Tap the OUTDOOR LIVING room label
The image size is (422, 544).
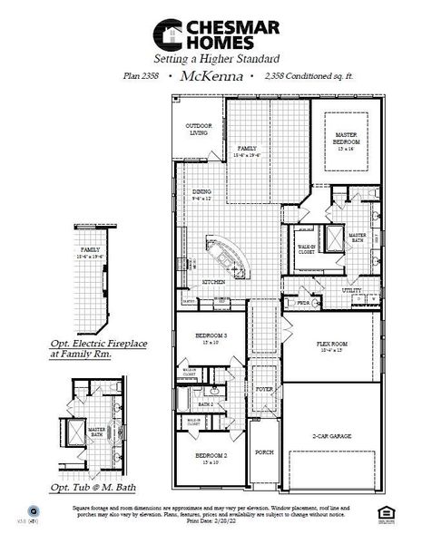(198, 130)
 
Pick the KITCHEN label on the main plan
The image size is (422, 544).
(214, 282)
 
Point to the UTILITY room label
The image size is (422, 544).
(351, 290)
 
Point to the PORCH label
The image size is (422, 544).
(264, 452)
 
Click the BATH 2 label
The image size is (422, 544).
(206, 403)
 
